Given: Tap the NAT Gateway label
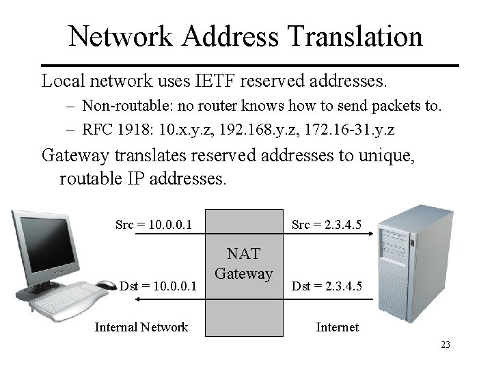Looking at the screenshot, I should coord(243,263).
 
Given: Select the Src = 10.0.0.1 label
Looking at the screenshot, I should coord(154,224).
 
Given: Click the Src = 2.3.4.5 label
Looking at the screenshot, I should coord(327,224).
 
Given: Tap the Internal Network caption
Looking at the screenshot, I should coord(141,327).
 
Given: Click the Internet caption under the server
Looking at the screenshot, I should coord(337,327).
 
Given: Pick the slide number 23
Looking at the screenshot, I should coord(446,345).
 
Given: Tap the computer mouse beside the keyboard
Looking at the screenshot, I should coord(106,284).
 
